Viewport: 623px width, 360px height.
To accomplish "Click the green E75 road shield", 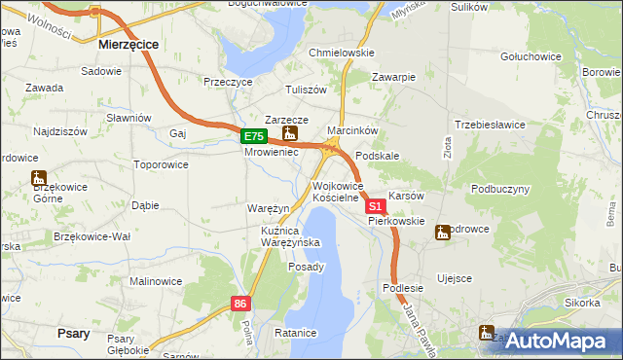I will click(253, 137).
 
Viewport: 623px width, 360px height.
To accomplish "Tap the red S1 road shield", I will click(375, 207).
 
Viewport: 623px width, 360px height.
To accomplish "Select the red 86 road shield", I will click(242, 305).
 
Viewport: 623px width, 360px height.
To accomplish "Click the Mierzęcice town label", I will click(129, 45).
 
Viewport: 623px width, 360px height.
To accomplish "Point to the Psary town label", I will click(74, 334).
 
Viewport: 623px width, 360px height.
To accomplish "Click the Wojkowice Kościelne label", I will click(337, 192).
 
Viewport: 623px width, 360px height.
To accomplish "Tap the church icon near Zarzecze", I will click(288, 133).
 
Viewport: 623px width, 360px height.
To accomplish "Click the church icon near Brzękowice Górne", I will click(39, 178).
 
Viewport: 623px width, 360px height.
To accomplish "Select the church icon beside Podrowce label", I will click(443, 233).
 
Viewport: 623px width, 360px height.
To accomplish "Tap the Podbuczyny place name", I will click(500, 189).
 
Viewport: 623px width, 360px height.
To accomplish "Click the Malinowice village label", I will click(156, 281).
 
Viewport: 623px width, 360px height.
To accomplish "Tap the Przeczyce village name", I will click(228, 83).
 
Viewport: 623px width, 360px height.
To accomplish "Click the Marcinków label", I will click(351, 129).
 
